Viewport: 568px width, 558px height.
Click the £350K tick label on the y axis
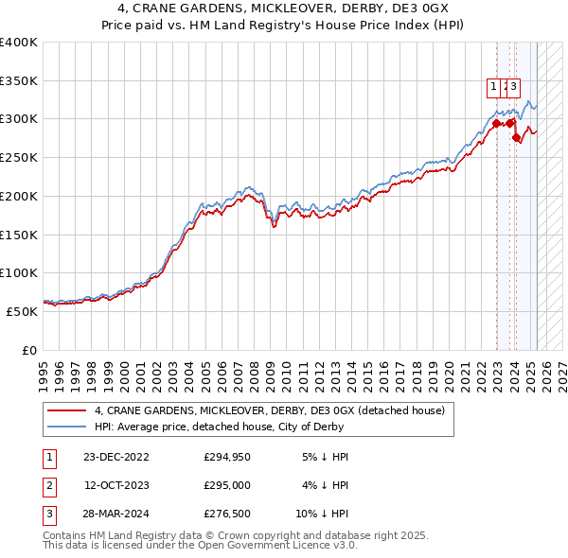pyautogui.click(x=19, y=80)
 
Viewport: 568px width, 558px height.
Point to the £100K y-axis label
pyautogui.click(x=19, y=272)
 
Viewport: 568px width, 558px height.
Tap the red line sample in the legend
pyautogui.click(x=66, y=410)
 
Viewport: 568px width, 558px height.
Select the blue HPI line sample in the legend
pyautogui.click(x=66, y=427)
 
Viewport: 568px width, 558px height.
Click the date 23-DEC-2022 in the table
pyautogui.click(x=115, y=457)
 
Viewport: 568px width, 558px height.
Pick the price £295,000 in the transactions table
pyautogui.click(x=227, y=486)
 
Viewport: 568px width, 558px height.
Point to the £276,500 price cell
pyautogui.click(x=227, y=515)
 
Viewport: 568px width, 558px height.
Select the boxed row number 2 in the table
pyautogui.click(x=49, y=486)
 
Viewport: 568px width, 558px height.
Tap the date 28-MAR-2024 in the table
pyautogui.click(x=115, y=515)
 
